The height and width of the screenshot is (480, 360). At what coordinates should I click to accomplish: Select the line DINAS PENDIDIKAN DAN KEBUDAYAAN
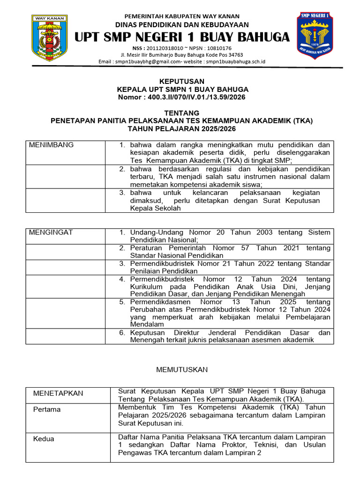pyautogui.click(x=182, y=25)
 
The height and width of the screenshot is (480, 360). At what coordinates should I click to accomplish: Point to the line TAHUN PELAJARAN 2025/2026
pyautogui.click(x=181, y=128)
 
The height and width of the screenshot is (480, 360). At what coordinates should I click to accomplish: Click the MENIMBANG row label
pyautogui.click(x=51, y=145)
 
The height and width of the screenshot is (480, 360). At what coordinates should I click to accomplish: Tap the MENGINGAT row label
pyautogui.click(x=51, y=232)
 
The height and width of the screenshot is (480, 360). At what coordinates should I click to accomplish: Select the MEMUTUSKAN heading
pyautogui.click(x=181, y=370)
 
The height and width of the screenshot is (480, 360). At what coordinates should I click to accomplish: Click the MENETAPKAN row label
pyautogui.click(x=58, y=393)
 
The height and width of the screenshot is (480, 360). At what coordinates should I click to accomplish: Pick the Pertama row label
pyautogui.click(x=47, y=409)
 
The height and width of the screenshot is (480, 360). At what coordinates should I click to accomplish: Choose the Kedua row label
pyautogui.click(x=44, y=439)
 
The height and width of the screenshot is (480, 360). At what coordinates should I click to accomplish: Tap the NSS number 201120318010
pyautogui.click(x=166, y=48)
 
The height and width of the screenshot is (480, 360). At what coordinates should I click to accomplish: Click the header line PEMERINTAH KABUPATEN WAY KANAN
pyautogui.click(x=181, y=16)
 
